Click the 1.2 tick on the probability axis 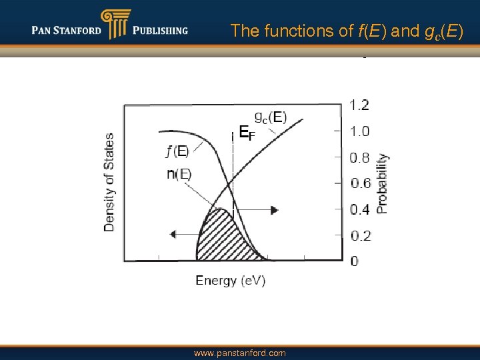[x=359, y=105]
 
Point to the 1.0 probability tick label [x=359, y=131]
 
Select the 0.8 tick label [x=359, y=158]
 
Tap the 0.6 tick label [x=359, y=183]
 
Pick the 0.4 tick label [x=359, y=209]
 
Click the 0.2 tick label [x=359, y=235]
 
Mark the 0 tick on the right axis [x=354, y=261]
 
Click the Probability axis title [x=382, y=183]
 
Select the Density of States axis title [x=109, y=182]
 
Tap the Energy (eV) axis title [x=231, y=281]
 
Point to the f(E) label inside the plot [x=177, y=151]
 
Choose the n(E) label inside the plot [x=179, y=175]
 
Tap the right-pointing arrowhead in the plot [x=274, y=210]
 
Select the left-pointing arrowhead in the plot [x=174, y=234]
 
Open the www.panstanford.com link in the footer [x=240, y=353]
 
